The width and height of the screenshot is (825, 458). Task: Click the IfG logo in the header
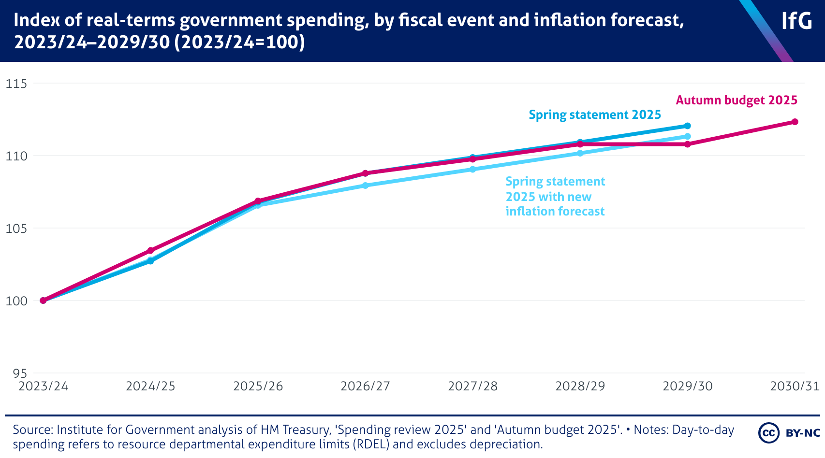tap(796, 21)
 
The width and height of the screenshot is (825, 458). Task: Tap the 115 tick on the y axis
tap(16, 84)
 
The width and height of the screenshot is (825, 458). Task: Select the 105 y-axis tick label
tap(16, 229)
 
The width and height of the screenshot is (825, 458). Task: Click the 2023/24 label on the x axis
tap(43, 386)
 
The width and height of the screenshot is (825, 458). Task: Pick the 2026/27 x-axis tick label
tap(365, 386)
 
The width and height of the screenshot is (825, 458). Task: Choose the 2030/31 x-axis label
tap(795, 386)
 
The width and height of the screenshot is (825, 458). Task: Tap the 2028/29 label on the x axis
tap(580, 386)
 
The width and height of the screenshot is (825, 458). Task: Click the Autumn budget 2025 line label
tap(736, 100)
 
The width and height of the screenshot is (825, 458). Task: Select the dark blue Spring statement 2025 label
tap(594, 115)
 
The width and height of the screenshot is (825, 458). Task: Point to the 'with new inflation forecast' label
tap(555, 197)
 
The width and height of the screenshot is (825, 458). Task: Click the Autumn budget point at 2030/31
tap(795, 122)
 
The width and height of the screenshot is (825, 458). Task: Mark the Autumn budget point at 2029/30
tap(687, 144)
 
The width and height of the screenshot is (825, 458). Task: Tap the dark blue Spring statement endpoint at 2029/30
tap(687, 126)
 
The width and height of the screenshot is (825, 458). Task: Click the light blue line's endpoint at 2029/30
tap(687, 136)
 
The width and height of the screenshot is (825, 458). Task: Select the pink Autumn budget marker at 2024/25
tap(150, 251)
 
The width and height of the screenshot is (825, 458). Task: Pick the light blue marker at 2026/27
tap(365, 186)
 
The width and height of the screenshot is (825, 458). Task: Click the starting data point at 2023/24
tap(43, 301)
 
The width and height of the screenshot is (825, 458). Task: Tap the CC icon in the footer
tap(768, 433)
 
